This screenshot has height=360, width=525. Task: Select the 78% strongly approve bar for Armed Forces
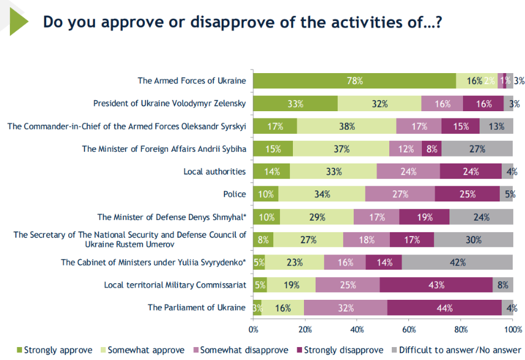point(354,80)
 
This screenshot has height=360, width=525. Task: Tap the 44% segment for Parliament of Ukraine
point(444,308)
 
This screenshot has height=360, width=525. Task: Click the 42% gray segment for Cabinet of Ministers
point(457,262)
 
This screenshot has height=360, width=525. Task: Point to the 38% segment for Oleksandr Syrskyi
point(346,126)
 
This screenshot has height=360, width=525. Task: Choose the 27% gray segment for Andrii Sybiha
point(477,149)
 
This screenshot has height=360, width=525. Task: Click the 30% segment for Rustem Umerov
point(473,240)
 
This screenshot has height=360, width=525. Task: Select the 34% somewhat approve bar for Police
point(321,194)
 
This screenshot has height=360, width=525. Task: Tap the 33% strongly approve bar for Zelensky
point(295,103)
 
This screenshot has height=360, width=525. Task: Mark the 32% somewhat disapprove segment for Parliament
point(345,308)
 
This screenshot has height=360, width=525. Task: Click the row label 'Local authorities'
point(214,171)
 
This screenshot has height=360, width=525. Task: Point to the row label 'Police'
point(235,194)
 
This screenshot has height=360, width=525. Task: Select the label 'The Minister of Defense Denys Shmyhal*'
point(171,217)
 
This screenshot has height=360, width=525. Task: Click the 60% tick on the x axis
point(409,329)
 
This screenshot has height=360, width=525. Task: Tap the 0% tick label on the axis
point(254,329)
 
